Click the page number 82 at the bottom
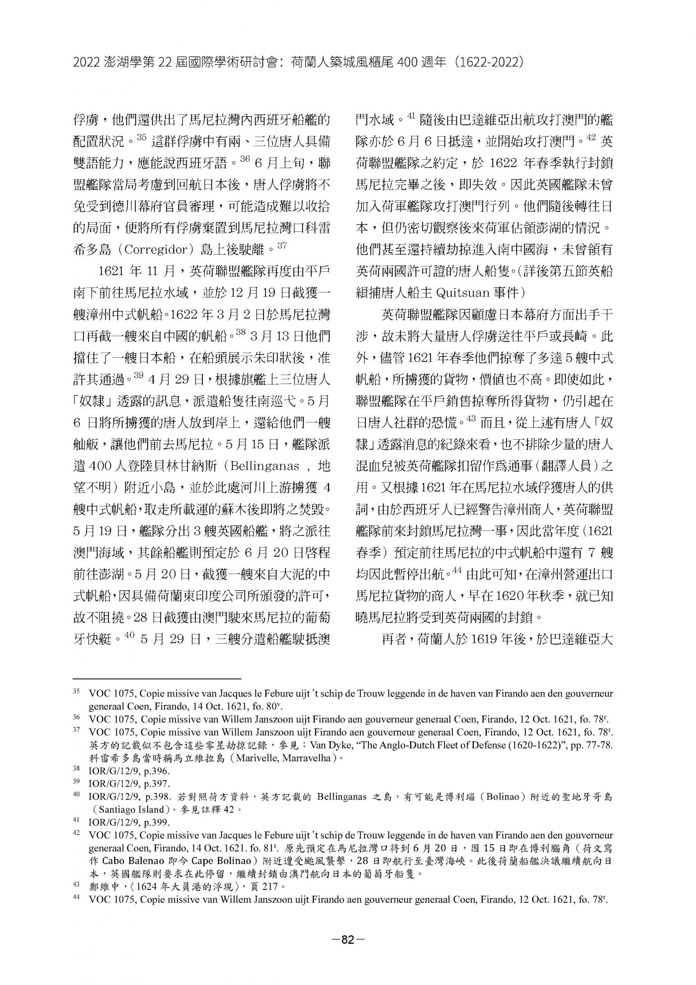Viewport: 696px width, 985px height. coord(348,940)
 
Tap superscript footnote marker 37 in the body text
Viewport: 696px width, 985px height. coord(282,245)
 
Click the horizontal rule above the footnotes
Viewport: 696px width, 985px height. coord(157,678)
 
